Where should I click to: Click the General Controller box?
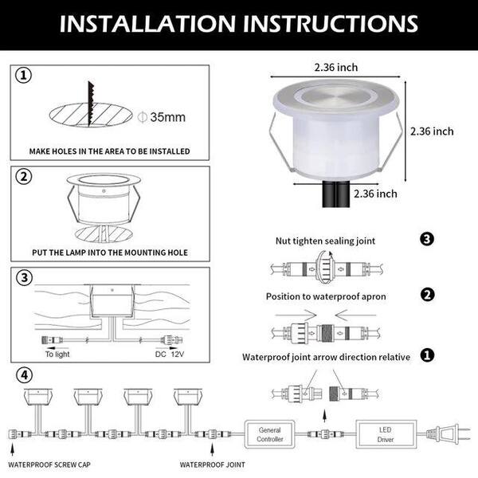269,434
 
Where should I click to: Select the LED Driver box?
386,434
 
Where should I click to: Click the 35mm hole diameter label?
162,117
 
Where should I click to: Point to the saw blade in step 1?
91,104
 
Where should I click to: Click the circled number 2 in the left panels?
24,177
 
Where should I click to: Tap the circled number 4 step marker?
24,375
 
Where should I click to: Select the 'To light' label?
57,354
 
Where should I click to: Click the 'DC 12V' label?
170,354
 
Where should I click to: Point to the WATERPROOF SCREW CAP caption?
49,465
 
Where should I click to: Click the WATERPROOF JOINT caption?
212,465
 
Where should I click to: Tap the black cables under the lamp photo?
335,194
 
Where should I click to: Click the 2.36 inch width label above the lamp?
336,68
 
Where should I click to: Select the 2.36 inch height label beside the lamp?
432,131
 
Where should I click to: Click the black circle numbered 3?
427,239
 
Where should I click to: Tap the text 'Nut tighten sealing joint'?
325,241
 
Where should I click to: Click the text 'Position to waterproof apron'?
326,296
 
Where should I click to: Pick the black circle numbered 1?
427,355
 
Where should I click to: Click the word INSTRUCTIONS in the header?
335,23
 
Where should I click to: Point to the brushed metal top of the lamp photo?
336,97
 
